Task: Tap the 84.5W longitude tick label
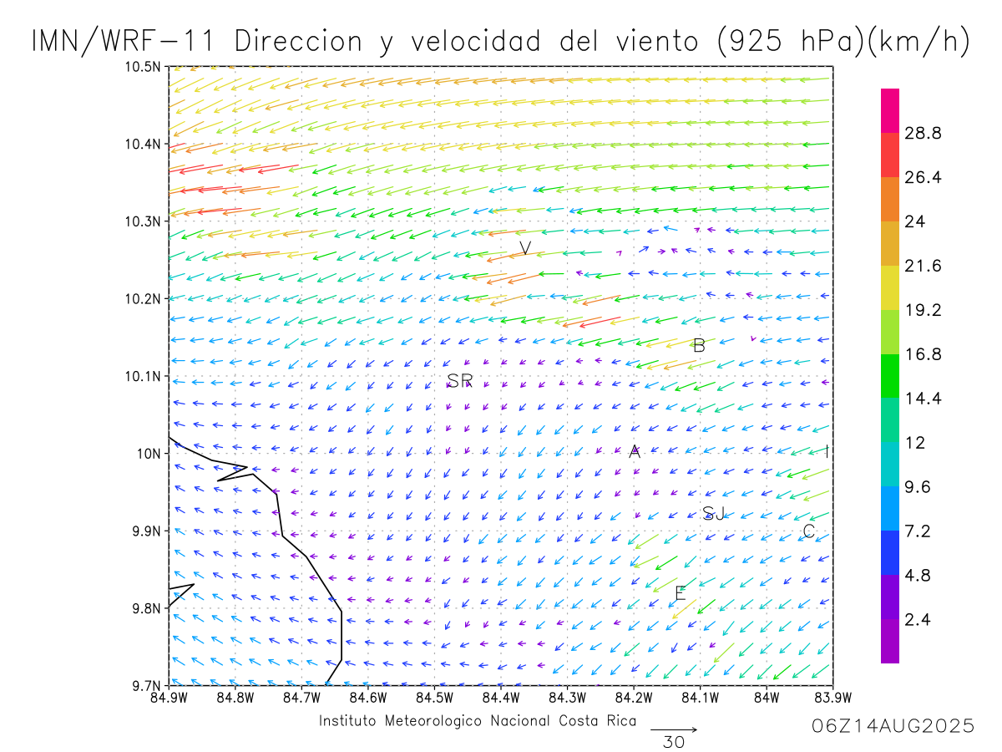pyautogui.click(x=434, y=697)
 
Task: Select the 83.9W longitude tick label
pyautogui.click(x=832, y=697)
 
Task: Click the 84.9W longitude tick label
pyautogui.click(x=170, y=697)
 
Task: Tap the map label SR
pyautogui.click(x=459, y=381)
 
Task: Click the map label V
pyautogui.click(x=525, y=248)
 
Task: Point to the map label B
pyautogui.click(x=700, y=345)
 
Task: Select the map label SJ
pyautogui.click(x=713, y=513)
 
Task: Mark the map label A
pyautogui.click(x=635, y=452)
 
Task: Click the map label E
pyautogui.click(x=680, y=594)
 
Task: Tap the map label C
pyautogui.click(x=808, y=531)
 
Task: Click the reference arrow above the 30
pyautogui.click(x=673, y=729)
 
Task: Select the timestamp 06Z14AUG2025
pyautogui.click(x=893, y=726)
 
